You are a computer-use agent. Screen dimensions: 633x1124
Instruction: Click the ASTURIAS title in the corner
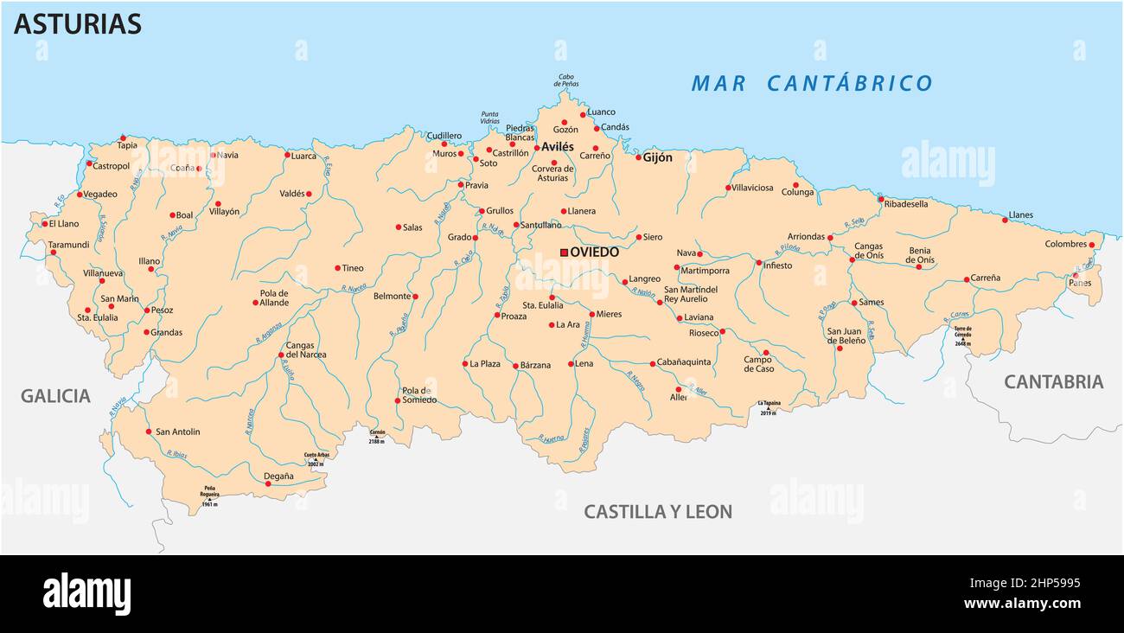77,24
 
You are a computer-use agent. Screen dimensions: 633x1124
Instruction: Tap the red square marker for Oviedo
564,253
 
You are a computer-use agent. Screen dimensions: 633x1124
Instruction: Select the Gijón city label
657,157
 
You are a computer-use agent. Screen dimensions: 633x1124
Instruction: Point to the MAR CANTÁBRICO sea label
811,83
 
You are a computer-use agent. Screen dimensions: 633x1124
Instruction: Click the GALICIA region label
55,396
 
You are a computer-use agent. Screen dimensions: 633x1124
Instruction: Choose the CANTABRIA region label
1053,381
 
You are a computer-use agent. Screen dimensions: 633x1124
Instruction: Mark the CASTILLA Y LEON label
657,511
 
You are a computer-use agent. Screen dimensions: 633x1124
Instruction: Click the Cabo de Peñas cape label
565,80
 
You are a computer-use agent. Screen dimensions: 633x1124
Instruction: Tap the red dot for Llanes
1005,220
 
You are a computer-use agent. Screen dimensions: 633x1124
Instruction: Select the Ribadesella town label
905,204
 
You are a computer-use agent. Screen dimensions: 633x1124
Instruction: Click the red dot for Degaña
268,483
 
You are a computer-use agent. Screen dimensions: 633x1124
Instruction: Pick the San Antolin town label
177,432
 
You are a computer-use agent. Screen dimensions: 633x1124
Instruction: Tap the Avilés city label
557,147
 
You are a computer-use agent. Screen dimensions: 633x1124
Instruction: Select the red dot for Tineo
337,268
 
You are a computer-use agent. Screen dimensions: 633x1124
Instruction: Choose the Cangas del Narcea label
306,349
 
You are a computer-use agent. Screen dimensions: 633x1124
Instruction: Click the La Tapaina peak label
769,404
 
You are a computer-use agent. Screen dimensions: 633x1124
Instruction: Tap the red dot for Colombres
1091,245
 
